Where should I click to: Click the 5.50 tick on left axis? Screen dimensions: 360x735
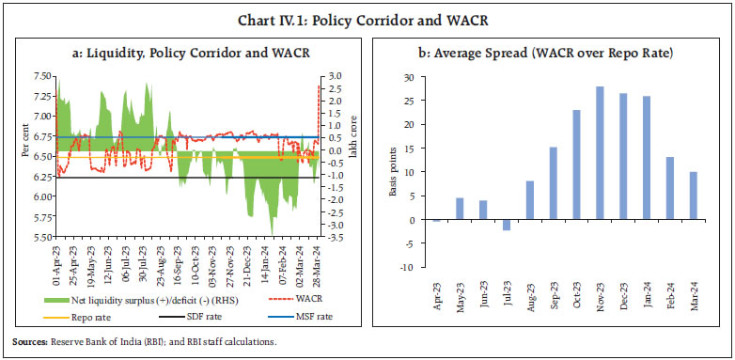(x=42, y=237)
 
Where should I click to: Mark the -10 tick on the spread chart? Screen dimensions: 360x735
(x=408, y=267)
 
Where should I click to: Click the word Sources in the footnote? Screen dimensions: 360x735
(x=30, y=342)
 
